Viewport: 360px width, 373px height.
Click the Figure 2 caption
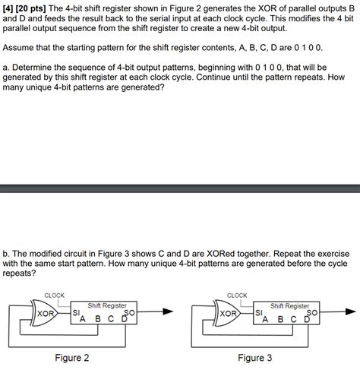tap(72, 358)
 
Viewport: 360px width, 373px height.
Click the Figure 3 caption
tap(255, 358)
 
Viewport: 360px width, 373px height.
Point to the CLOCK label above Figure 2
tap(55, 294)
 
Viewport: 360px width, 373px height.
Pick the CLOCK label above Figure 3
tap(238, 294)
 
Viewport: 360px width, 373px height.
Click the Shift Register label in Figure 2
tap(107, 305)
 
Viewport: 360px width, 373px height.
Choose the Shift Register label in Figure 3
tap(290, 305)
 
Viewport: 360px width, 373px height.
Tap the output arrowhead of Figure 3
tap(350, 311)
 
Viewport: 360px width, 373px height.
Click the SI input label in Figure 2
tap(74, 312)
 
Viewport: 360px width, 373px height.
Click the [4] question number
tap(9, 8)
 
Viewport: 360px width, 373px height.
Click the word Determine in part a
tap(40, 68)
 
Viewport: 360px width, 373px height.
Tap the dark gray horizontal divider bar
tap(180, 188)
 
